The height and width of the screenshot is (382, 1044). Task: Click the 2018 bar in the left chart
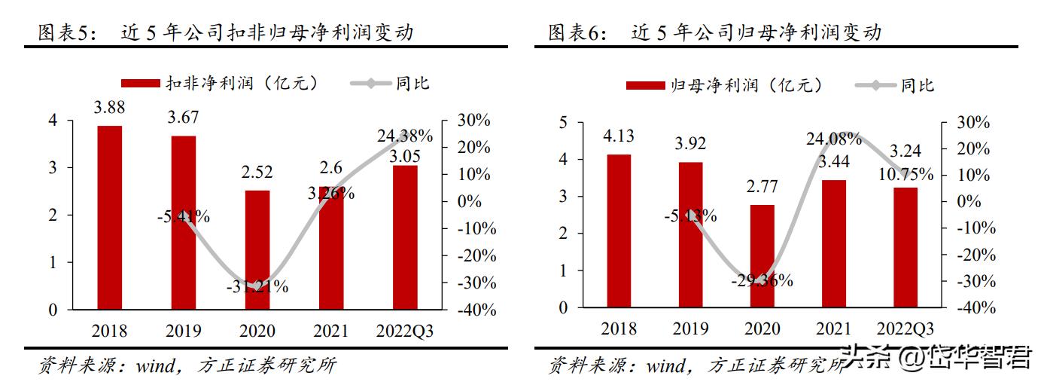click(x=109, y=218)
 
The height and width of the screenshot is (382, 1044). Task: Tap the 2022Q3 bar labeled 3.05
click(x=404, y=237)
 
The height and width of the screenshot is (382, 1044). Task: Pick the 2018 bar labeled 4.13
click(x=619, y=231)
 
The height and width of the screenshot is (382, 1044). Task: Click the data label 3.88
click(x=109, y=108)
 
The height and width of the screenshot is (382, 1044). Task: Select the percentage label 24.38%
click(x=405, y=136)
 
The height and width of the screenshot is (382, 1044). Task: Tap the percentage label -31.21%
click(x=257, y=286)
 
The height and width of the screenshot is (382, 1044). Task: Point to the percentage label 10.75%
click(x=906, y=174)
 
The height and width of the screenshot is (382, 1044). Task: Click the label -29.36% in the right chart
click(x=762, y=281)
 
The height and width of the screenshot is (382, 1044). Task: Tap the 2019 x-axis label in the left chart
click(x=183, y=331)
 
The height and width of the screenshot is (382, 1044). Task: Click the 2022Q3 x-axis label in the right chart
click(x=906, y=329)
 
